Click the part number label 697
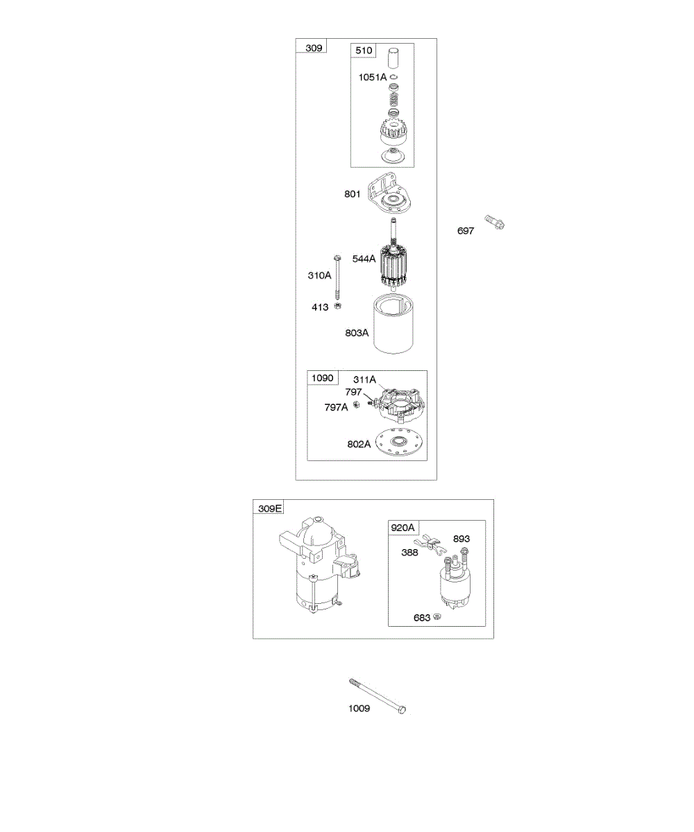(x=466, y=231)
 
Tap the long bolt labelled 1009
(x=378, y=695)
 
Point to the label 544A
(x=364, y=259)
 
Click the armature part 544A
(x=394, y=267)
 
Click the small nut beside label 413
(x=338, y=306)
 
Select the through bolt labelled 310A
(x=337, y=277)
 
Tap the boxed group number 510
(x=364, y=51)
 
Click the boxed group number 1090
(x=322, y=378)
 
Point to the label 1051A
(x=373, y=78)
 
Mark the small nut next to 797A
(x=356, y=405)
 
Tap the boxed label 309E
(x=270, y=508)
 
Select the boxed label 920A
(x=403, y=528)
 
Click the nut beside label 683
(x=437, y=616)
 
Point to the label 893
(x=462, y=539)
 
